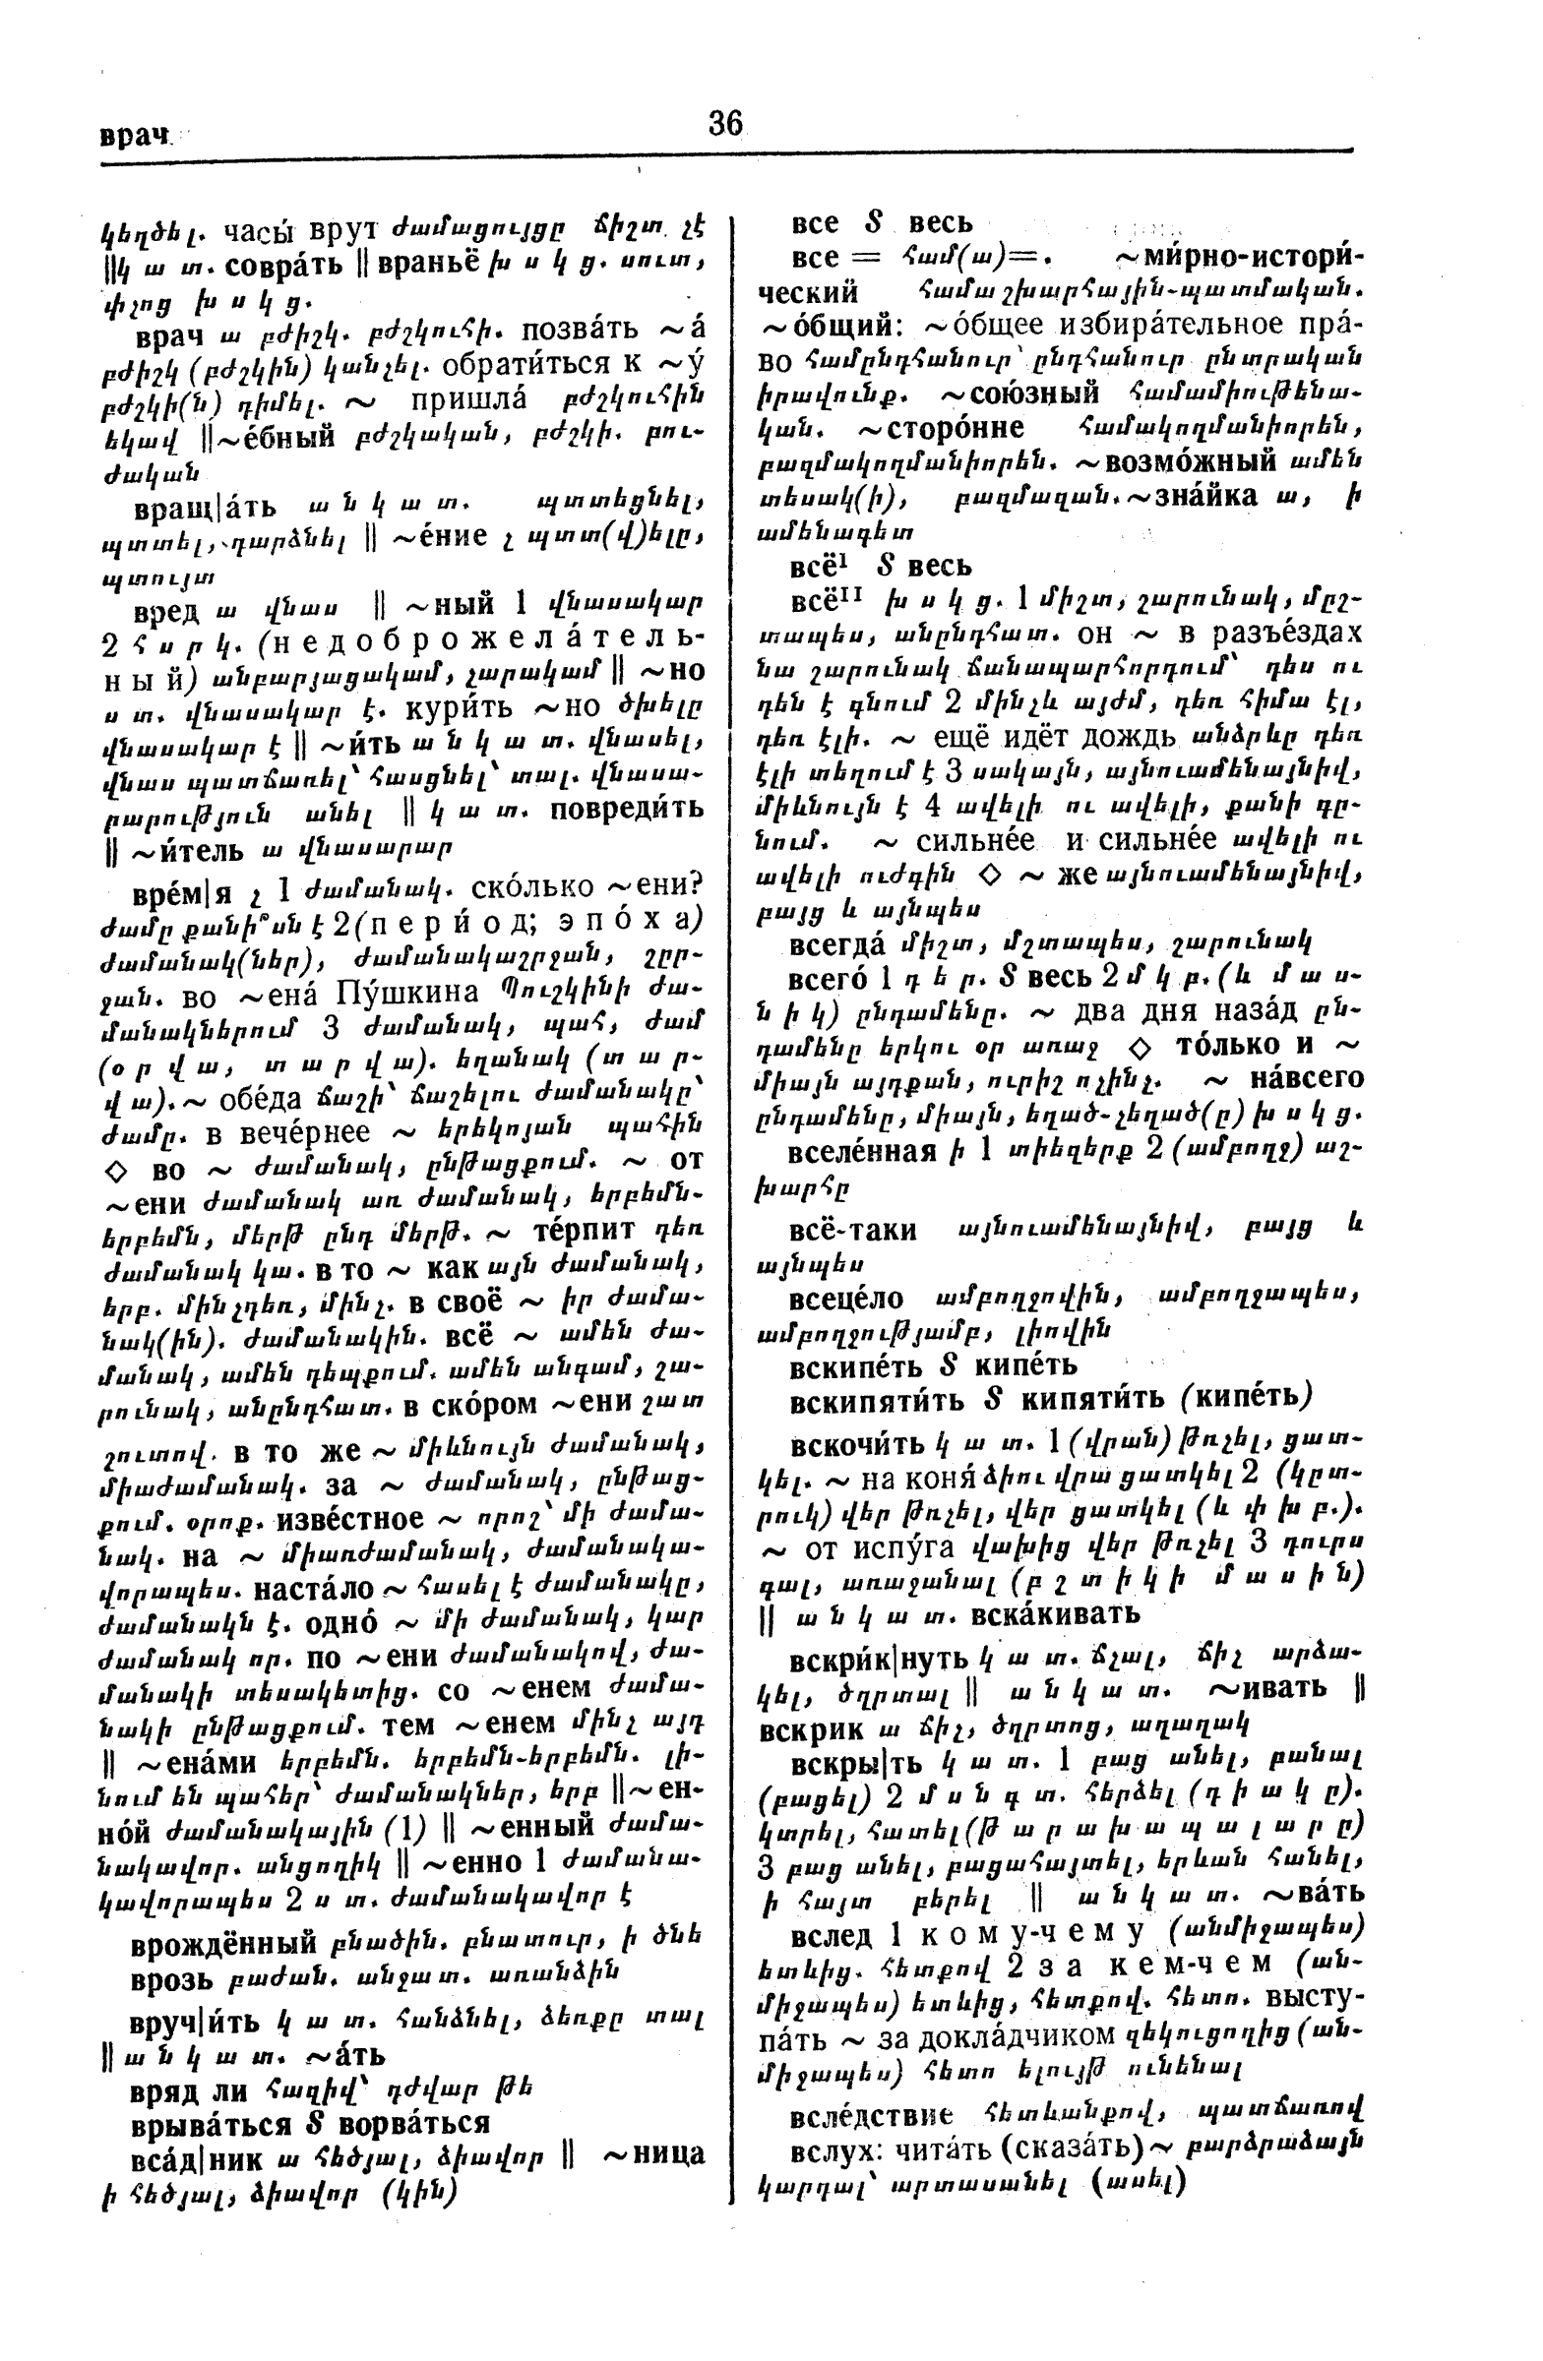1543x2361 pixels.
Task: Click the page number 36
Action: point(725,123)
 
